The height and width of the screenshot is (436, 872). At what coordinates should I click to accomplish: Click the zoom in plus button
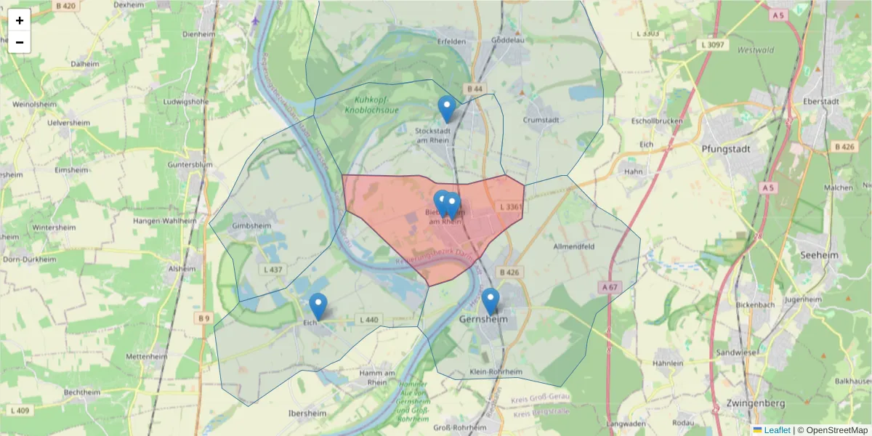pos(20,20)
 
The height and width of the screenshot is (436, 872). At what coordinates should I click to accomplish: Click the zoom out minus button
pos(20,42)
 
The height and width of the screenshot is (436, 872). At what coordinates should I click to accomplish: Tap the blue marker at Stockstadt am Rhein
pos(447,110)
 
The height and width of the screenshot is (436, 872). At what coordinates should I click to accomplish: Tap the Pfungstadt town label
pos(726,149)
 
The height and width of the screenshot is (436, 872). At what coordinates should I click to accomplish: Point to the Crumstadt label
pos(541,120)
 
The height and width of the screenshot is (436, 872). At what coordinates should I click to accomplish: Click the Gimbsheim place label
pos(250,226)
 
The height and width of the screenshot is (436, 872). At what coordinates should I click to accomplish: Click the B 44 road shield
pos(475,89)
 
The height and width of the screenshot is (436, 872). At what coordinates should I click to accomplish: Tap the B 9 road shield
pos(203,318)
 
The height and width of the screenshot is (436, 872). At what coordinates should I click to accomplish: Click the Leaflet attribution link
pos(776,430)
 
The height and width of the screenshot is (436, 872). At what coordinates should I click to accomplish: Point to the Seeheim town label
pos(818,255)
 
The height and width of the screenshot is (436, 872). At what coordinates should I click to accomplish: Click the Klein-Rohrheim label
pos(496,372)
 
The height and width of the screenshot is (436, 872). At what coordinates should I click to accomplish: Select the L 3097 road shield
pos(714,45)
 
